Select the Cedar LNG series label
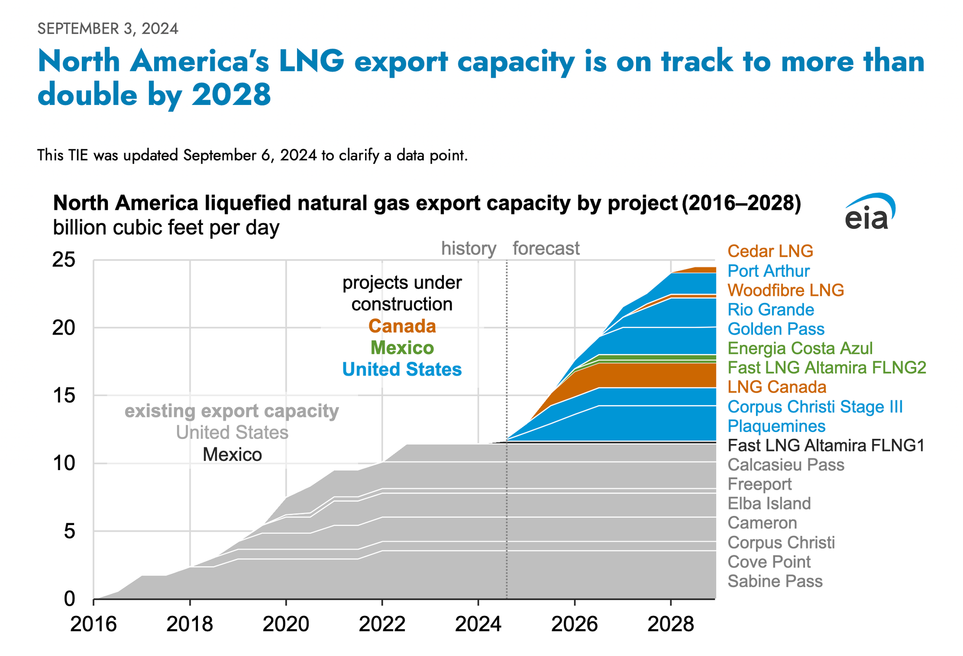[x=770, y=251]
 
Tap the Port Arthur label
[x=768, y=271]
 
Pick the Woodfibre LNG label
[x=785, y=290]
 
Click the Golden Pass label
[x=776, y=329]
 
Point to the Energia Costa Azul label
[x=800, y=348]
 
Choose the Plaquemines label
[x=776, y=426]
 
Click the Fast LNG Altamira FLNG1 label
[x=826, y=446]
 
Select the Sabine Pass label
[x=775, y=581]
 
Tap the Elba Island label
[x=769, y=503]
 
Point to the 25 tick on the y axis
[x=64, y=260]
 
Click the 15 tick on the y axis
[x=64, y=396]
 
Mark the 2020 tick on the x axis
[x=286, y=625]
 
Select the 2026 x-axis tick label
[x=574, y=625]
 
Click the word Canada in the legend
[x=402, y=326]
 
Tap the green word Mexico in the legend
[x=402, y=348]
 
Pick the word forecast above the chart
[x=546, y=249]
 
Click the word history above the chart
[x=468, y=249]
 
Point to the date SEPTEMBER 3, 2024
[x=108, y=29]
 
